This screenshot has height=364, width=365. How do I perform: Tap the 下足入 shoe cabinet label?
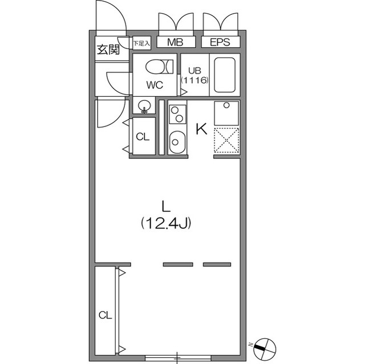[x=141, y=43]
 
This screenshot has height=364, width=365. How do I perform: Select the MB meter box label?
[x=175, y=43]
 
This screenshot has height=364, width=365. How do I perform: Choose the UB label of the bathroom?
[x=194, y=71]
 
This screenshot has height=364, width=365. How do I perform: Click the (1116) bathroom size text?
[x=194, y=80]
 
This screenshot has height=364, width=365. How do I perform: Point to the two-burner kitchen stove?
[x=177, y=113]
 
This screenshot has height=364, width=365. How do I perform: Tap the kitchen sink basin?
[x=177, y=141]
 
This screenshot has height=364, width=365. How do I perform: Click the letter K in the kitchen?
[x=201, y=129]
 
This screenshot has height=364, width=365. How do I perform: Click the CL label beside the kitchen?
[x=143, y=137]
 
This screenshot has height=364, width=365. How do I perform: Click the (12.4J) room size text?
[x=166, y=223]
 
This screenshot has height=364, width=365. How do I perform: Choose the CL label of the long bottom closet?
[x=105, y=315]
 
